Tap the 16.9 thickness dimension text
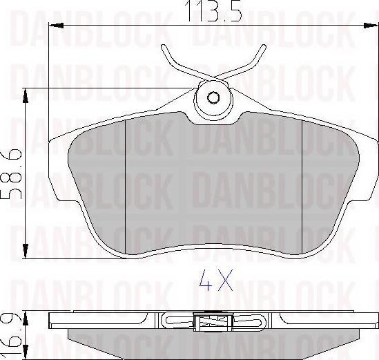click(10, 332)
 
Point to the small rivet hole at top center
click(213, 97)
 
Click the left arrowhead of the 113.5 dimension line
click(57, 26)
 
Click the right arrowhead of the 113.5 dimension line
click(371, 26)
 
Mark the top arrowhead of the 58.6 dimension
click(26, 92)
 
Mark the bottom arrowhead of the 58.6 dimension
click(26, 253)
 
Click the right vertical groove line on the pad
click(304, 187)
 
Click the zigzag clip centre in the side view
click(213, 321)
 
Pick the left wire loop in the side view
click(177, 321)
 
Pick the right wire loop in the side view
click(250, 321)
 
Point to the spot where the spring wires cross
click(213, 73)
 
